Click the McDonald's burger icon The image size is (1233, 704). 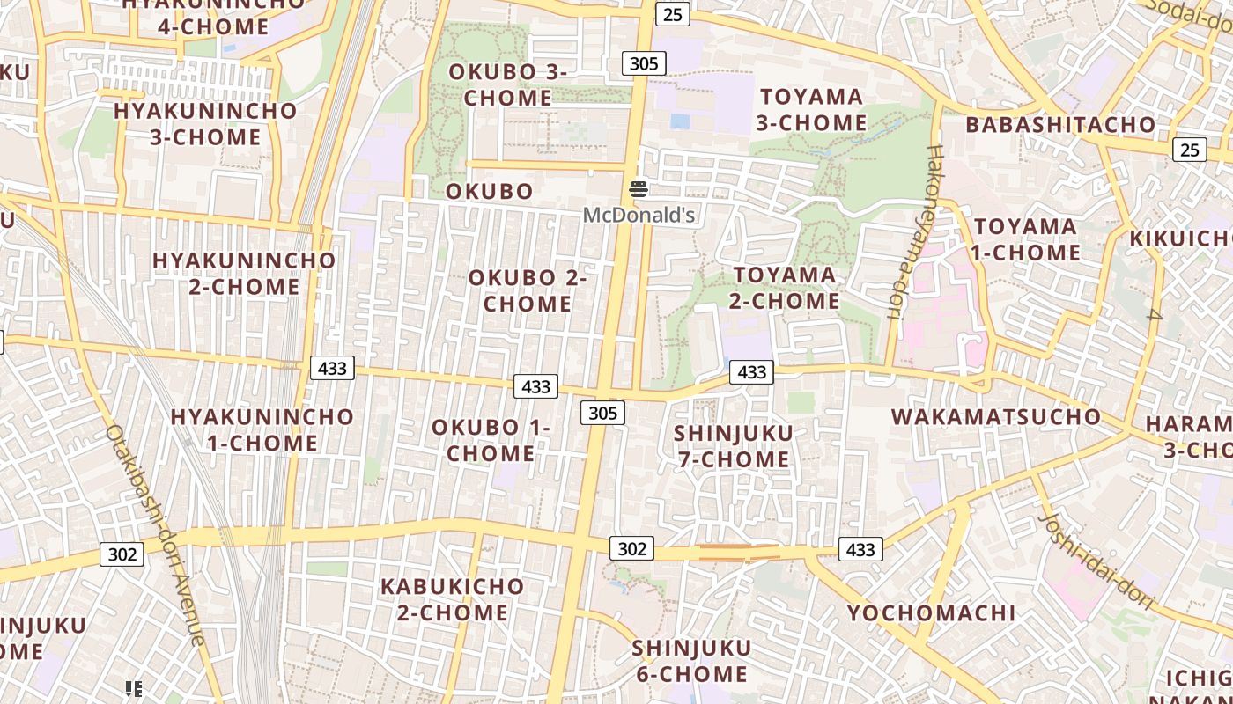[x=639, y=188]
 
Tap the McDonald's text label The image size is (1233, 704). [x=639, y=215]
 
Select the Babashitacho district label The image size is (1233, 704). [x=1060, y=124]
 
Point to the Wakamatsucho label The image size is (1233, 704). [x=996, y=416]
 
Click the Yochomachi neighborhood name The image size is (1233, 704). [x=931, y=612]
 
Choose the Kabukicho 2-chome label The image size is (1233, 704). [x=452, y=599]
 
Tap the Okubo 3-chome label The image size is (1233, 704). [x=508, y=84]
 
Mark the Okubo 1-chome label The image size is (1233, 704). [x=491, y=440]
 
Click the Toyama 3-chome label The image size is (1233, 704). [x=811, y=109]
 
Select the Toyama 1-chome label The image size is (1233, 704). [x=1025, y=239]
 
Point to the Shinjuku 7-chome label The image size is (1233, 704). [x=733, y=446]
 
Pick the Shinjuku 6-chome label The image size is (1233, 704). [x=691, y=661]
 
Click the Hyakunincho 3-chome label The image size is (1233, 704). [x=205, y=123]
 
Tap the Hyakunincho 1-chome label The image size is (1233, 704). [x=262, y=429]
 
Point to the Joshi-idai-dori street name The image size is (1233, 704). [x=1096, y=561]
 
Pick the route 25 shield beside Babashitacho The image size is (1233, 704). [x=1189, y=150]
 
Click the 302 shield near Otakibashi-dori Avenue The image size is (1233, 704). [x=122, y=554]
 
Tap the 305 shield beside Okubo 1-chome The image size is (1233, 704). [x=602, y=413]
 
